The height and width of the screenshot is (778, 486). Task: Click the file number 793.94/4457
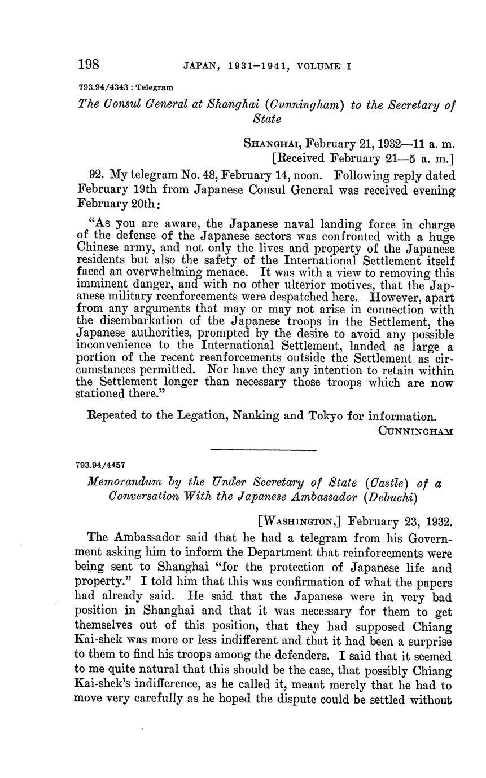click(99, 466)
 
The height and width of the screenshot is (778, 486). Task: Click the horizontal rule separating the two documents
click(263, 449)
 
